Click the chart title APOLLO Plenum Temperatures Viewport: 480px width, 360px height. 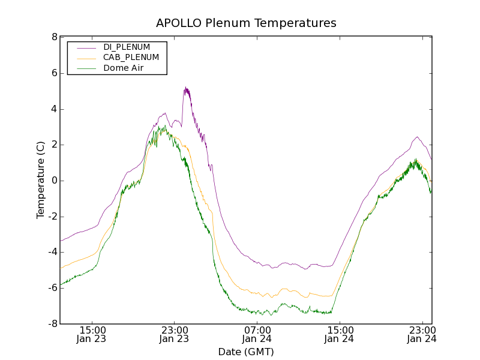(246, 23)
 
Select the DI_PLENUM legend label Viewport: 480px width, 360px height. (127, 47)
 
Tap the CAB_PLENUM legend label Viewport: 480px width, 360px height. (131, 58)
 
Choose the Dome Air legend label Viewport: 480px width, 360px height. (124, 68)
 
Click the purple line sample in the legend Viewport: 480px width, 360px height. (86, 47)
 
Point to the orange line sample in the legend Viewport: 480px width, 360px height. (86, 58)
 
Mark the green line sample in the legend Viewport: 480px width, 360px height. (86, 68)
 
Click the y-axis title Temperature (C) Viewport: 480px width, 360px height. (40, 180)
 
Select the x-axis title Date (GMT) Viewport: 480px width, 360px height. (246, 352)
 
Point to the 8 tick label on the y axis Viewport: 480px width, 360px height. (54, 37)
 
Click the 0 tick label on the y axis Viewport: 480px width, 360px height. (54, 181)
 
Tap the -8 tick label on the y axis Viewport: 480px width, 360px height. (52, 324)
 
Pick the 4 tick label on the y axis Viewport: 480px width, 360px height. (54, 109)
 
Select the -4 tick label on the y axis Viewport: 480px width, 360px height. (52, 253)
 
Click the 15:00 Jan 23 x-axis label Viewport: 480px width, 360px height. (92, 334)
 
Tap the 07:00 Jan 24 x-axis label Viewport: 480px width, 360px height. (257, 334)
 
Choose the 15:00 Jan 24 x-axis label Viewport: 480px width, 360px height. (340, 334)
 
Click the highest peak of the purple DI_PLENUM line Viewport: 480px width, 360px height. (186, 88)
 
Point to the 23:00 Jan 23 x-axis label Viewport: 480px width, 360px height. (175, 334)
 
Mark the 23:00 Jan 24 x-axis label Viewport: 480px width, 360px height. (422, 334)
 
